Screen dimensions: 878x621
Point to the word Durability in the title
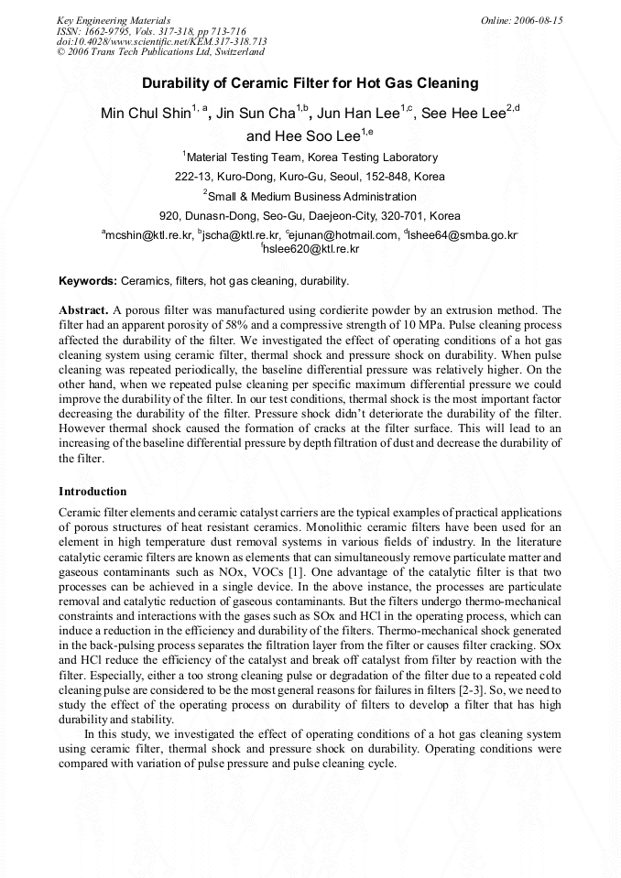coord(177,83)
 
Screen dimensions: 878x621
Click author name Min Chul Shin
coord(144,114)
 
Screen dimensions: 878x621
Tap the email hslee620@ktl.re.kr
coord(311,249)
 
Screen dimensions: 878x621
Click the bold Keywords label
coord(88,281)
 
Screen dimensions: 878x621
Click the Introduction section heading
coord(93,492)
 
